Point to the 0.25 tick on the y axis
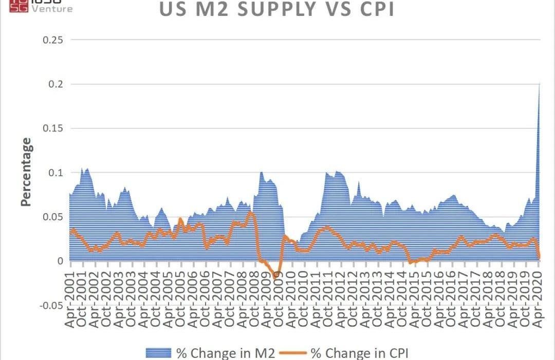click(54, 40)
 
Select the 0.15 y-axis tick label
click(54, 128)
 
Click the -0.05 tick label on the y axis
click(52, 306)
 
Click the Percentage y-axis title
click(26, 172)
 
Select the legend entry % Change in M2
click(226, 353)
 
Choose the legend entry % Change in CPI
click(360, 353)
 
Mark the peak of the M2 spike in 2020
click(539, 83)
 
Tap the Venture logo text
click(52, 9)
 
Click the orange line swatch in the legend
click(293, 353)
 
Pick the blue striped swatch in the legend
click(158, 353)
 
